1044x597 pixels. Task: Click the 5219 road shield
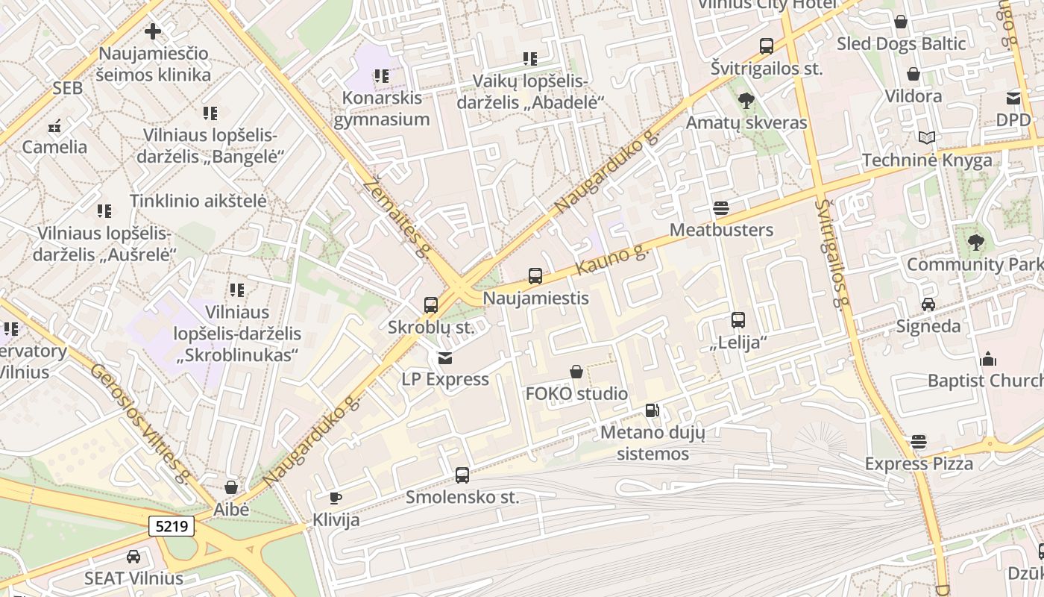coord(172,526)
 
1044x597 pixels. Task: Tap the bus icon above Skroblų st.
coord(431,304)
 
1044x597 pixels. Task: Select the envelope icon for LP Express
coord(445,358)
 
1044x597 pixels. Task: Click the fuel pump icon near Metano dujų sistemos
coord(652,410)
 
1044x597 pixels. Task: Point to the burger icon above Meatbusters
coord(720,207)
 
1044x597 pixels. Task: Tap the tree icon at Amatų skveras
coord(746,101)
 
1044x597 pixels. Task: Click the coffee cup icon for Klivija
coord(336,498)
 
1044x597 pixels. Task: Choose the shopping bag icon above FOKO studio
coord(576,371)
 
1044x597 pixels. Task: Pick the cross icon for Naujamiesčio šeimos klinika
coord(153,31)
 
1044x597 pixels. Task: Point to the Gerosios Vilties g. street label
coord(140,422)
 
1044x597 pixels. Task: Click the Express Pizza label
coord(919,463)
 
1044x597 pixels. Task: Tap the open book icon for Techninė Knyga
coord(927,138)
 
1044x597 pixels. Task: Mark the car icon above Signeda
coord(928,304)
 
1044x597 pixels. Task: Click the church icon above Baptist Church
coord(988,359)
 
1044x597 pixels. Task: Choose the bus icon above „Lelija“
coord(738,320)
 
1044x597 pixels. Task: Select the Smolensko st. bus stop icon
coord(462,475)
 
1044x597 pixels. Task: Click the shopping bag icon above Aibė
coord(231,487)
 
